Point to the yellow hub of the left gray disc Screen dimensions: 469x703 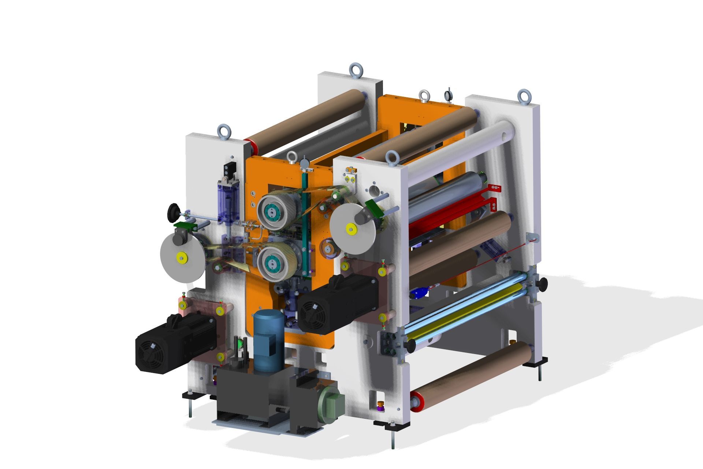pyautogui.click(x=181, y=258)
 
